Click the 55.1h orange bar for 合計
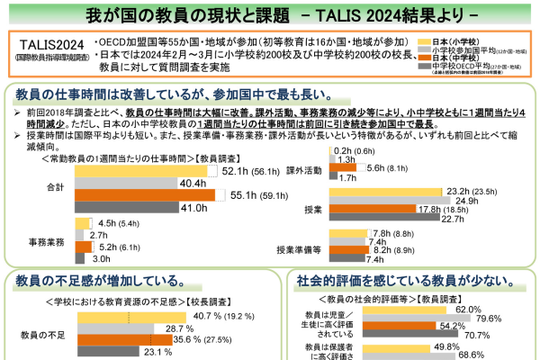tap(145, 194)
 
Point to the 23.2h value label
tap(468, 191)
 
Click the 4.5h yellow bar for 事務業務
tap(84, 223)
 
